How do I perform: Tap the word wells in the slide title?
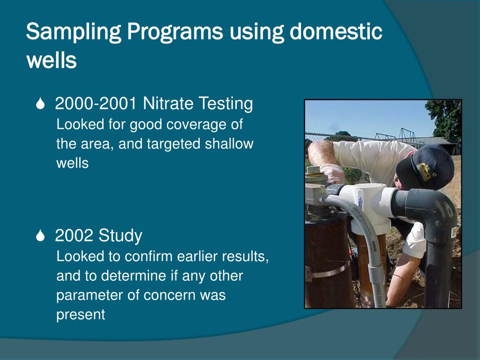[x=51, y=60]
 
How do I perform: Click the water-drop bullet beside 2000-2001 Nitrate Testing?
[x=41, y=105]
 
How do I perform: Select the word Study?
[x=120, y=236]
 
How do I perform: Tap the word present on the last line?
[x=81, y=315]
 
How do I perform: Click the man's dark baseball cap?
[x=424, y=164]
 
